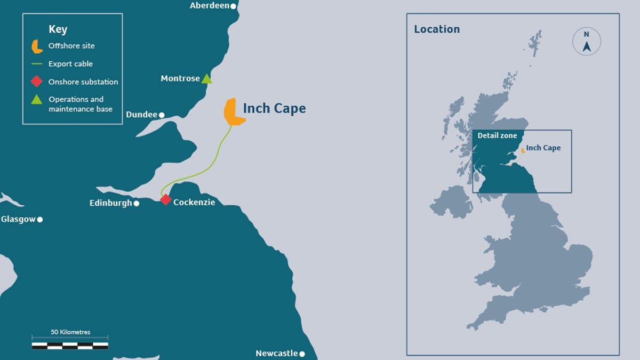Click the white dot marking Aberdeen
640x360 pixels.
point(233,6)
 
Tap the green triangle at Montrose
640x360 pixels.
point(207,79)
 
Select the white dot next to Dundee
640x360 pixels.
point(162,115)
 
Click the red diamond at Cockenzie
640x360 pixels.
point(166,200)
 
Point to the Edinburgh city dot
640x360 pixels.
point(137,203)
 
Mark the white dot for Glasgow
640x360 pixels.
point(40,219)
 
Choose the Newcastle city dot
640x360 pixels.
point(302,354)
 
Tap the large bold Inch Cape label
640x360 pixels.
point(274,108)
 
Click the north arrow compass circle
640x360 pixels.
point(587,42)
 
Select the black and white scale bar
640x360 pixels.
point(70,346)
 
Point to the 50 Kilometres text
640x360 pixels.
point(70,332)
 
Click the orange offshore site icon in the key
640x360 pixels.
point(37,46)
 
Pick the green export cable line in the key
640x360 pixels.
point(37,64)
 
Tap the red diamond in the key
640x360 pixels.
point(37,82)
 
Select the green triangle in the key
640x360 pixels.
point(37,99)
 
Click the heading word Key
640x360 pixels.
point(58,29)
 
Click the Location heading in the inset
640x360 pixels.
point(437,29)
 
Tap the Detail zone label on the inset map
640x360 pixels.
point(497,136)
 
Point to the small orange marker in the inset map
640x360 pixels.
point(523,150)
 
